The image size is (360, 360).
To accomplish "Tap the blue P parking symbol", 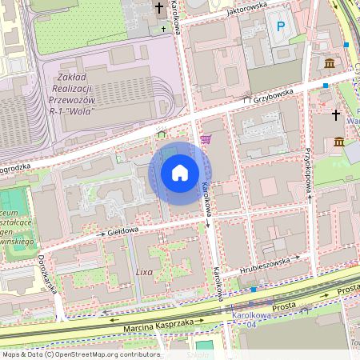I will (x=280, y=27).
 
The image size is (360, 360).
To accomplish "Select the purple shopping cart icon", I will (x=206, y=138).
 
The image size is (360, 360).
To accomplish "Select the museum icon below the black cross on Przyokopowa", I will (x=339, y=142).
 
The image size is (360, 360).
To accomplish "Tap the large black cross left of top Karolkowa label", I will (x=158, y=10).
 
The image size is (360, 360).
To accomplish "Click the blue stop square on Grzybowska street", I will (x=326, y=85).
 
